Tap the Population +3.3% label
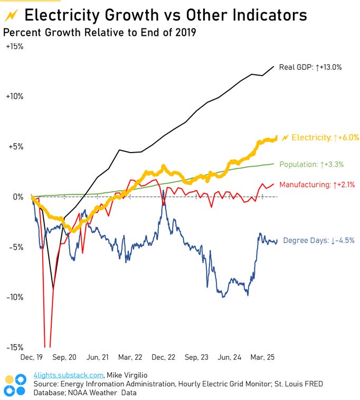311,164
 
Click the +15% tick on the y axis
14,46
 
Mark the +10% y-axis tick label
14,97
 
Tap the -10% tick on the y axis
14,297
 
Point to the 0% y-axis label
17,197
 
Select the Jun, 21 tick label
99,357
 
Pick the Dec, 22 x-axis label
164,357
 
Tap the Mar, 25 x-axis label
263,357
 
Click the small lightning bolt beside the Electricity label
285,138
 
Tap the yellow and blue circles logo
15,385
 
